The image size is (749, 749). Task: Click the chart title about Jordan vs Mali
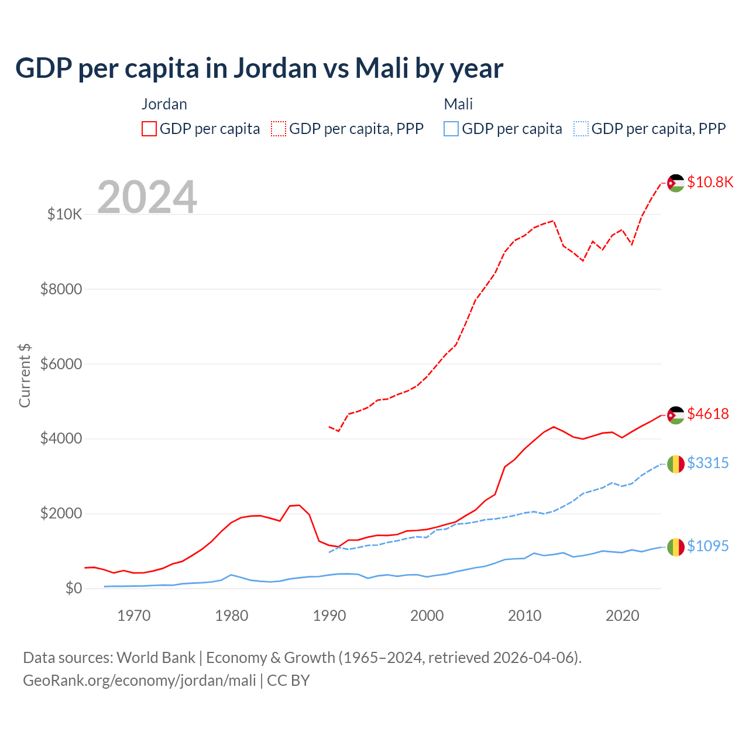(259, 68)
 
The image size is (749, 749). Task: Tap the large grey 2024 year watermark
(147, 197)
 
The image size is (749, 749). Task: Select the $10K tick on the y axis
(64, 214)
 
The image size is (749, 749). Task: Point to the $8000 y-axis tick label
(61, 289)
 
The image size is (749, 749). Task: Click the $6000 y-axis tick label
(61, 364)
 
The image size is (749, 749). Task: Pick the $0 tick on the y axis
(73, 588)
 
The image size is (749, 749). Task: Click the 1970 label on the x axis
(134, 616)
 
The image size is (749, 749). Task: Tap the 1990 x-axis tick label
(329, 616)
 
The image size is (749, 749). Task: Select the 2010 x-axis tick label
(525, 616)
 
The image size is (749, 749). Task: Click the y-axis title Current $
(25, 376)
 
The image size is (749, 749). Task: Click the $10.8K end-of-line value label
(710, 182)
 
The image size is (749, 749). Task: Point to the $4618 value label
(708, 414)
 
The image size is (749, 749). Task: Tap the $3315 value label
(708, 463)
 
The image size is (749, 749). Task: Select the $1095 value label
(708, 546)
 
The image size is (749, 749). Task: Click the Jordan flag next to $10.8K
(676, 183)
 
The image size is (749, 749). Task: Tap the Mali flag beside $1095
(676, 547)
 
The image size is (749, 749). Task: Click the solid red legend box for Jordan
(149, 129)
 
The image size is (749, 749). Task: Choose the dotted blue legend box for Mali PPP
(581, 129)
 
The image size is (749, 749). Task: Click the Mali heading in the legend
(458, 104)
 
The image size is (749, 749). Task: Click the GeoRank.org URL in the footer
(139, 681)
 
